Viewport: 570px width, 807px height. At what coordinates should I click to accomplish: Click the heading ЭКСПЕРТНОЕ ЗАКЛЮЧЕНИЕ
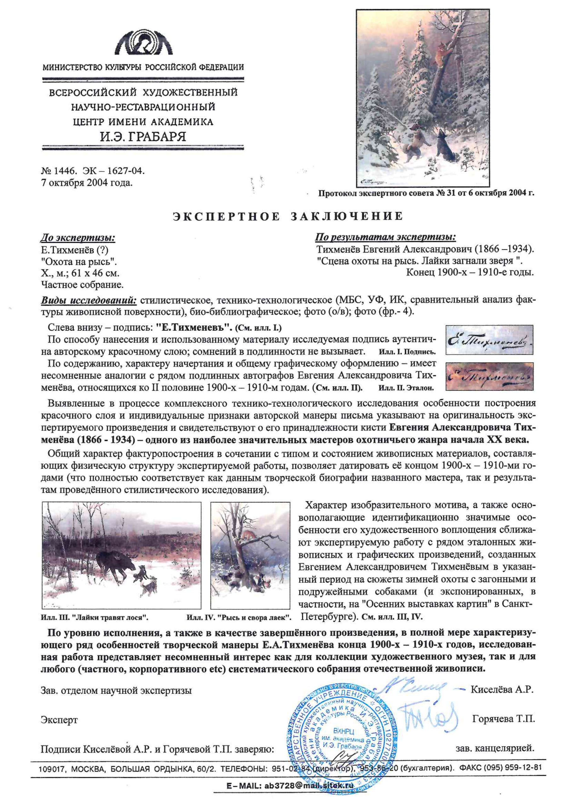click(288, 216)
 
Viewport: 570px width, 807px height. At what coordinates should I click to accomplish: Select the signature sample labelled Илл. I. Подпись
click(489, 340)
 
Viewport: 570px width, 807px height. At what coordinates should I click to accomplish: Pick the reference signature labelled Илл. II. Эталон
click(489, 376)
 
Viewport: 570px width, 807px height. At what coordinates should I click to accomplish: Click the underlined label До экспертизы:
click(78, 238)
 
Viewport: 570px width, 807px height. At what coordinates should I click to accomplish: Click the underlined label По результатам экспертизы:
click(385, 237)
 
